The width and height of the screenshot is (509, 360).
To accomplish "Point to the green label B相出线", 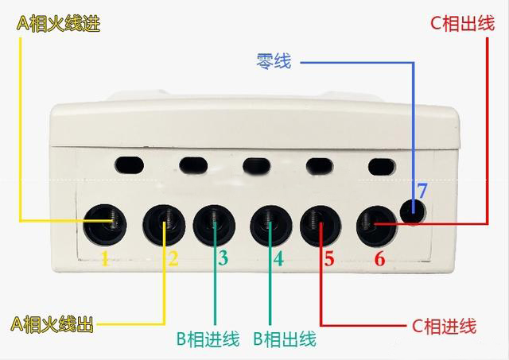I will (x=284, y=340).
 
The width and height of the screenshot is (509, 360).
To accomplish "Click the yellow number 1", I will (x=104, y=258).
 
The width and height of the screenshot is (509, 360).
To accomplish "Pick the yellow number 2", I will (x=173, y=258).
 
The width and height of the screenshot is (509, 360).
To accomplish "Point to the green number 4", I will (x=278, y=258).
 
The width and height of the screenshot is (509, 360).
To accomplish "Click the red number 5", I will (x=329, y=258).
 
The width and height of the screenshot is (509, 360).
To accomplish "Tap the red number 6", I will (x=379, y=258).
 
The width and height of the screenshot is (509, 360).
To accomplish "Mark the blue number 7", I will (x=422, y=191).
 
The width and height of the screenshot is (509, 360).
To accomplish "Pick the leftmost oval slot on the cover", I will (x=129, y=165).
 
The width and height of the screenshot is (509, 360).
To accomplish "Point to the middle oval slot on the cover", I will (x=256, y=166).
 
